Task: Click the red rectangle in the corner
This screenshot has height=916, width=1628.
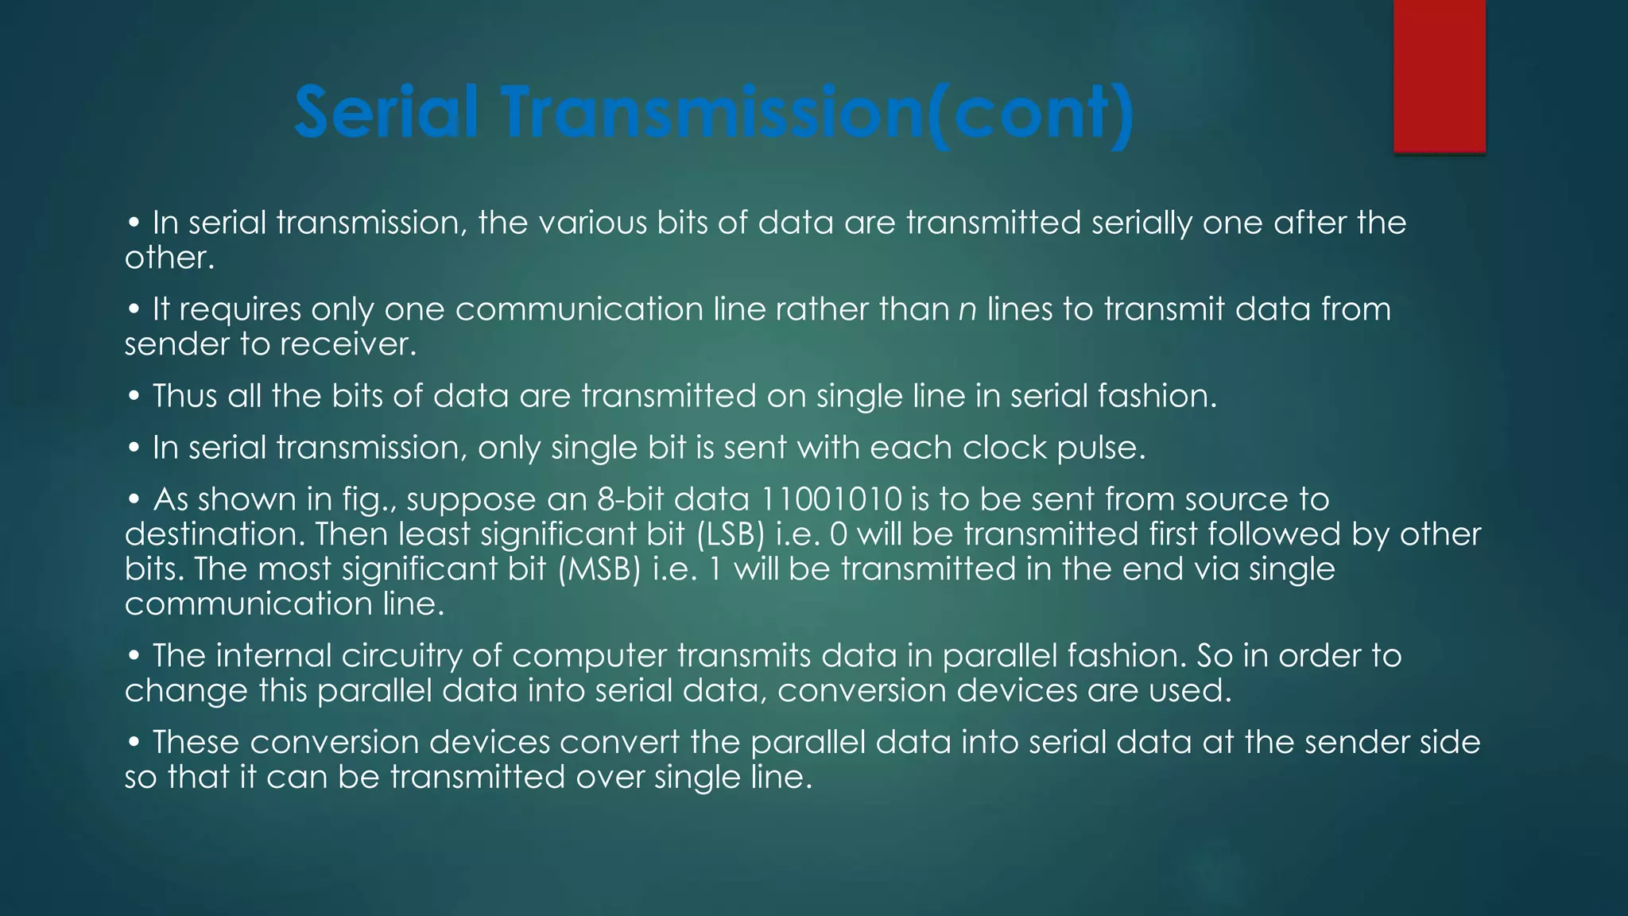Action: (x=1439, y=76)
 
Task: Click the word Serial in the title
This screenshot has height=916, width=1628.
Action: (x=386, y=112)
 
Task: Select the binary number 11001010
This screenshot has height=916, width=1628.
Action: (x=831, y=499)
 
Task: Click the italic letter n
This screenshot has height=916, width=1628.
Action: (x=967, y=309)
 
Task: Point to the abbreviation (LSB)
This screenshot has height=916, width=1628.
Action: (x=730, y=534)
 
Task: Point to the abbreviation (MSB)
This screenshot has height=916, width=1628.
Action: (x=599, y=569)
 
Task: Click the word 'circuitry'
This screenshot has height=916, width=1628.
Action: (x=401, y=656)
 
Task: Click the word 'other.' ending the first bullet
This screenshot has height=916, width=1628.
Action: (x=169, y=258)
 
